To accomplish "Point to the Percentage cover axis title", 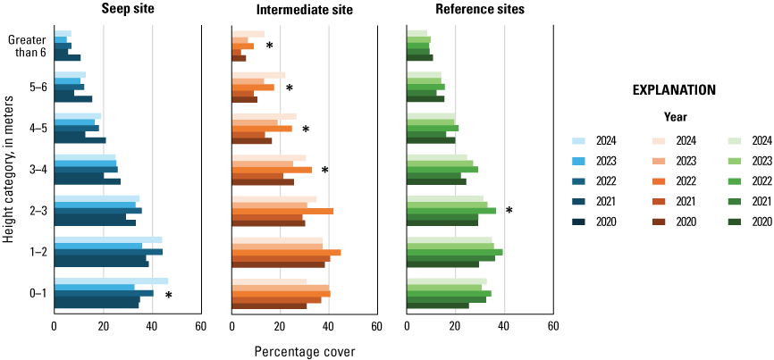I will point(305,351).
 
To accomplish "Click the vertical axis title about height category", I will point(8,170).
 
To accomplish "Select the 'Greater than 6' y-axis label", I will point(27,46).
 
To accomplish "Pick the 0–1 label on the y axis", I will point(38,294).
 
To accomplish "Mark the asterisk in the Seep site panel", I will point(168,296).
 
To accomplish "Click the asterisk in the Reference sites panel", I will point(509,211).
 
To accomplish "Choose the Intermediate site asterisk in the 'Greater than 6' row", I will point(269,46).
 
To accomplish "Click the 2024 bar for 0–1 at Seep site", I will point(111,281).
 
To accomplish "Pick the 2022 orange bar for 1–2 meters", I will point(286,252).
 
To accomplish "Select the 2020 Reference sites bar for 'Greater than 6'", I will point(419,57).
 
